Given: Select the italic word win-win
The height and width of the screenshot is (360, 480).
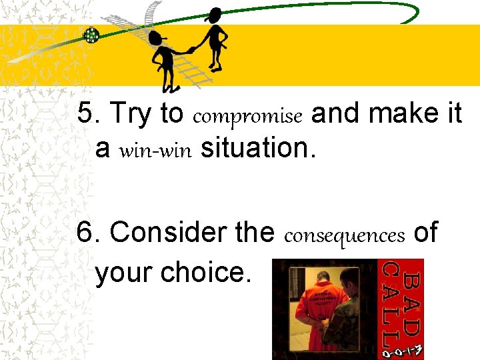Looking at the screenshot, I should [155, 151].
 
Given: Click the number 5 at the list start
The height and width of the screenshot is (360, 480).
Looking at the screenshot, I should [85, 115].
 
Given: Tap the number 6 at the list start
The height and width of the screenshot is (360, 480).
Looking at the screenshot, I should [85, 233].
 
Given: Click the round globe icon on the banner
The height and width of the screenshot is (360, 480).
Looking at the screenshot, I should [91, 35].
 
